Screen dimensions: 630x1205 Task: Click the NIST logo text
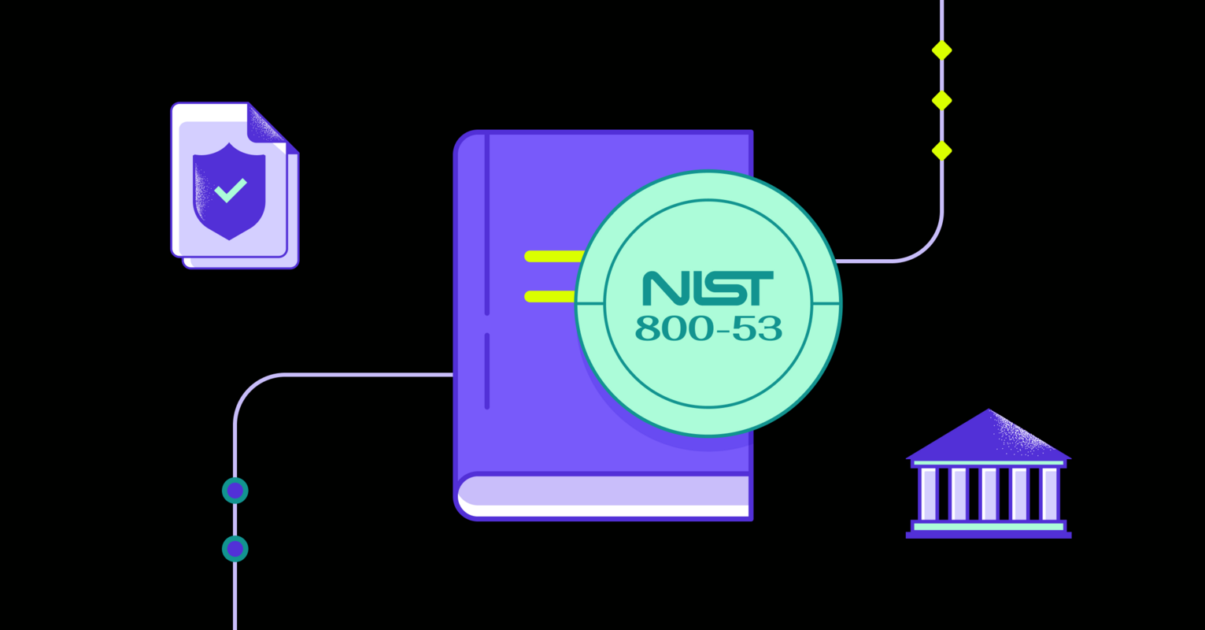click(708, 288)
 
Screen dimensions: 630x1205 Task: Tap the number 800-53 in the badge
click(708, 328)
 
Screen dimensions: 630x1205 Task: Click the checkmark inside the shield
click(231, 191)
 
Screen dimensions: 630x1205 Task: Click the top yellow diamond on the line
click(941, 50)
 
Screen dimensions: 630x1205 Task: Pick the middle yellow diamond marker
click(941, 101)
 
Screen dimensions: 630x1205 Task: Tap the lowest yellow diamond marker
click(941, 150)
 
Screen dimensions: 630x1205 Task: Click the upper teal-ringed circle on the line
click(235, 491)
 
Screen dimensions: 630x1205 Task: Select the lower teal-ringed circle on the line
click(235, 549)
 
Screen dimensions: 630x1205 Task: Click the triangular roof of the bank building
click(989, 437)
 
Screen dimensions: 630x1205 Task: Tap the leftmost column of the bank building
click(928, 494)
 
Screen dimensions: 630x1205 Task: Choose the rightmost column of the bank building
click(1049, 494)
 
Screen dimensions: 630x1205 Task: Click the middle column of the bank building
click(989, 494)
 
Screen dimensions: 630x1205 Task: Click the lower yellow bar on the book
click(550, 296)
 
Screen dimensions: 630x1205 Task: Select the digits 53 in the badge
click(757, 328)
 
